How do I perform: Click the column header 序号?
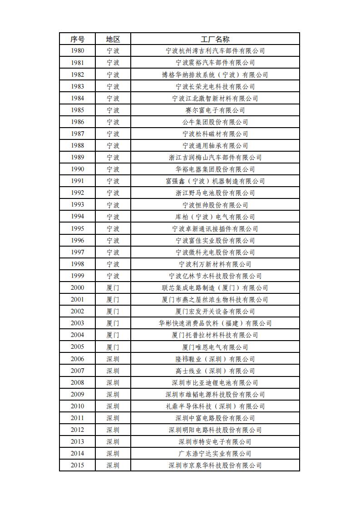(77, 39)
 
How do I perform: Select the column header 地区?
(113, 39)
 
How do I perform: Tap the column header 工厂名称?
(215, 39)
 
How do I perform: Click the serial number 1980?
(77, 51)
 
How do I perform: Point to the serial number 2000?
(77, 287)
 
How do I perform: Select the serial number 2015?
(77, 465)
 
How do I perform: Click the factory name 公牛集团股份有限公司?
(215, 122)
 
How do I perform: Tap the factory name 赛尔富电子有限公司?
(215, 110)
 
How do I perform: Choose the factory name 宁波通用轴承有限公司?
(215, 145)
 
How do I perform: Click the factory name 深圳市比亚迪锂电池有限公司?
(215, 382)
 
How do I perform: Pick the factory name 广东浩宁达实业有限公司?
(215, 453)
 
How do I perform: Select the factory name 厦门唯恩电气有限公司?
(215, 347)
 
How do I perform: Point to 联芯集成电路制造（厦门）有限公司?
(215, 287)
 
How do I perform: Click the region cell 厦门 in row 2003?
(113, 323)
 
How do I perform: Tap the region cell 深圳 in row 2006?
(113, 359)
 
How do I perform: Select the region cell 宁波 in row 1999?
(113, 276)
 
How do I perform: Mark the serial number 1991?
(77, 181)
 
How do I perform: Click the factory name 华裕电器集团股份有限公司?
(215, 169)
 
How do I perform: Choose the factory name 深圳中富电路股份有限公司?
(215, 418)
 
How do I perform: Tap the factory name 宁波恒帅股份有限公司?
(215, 205)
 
